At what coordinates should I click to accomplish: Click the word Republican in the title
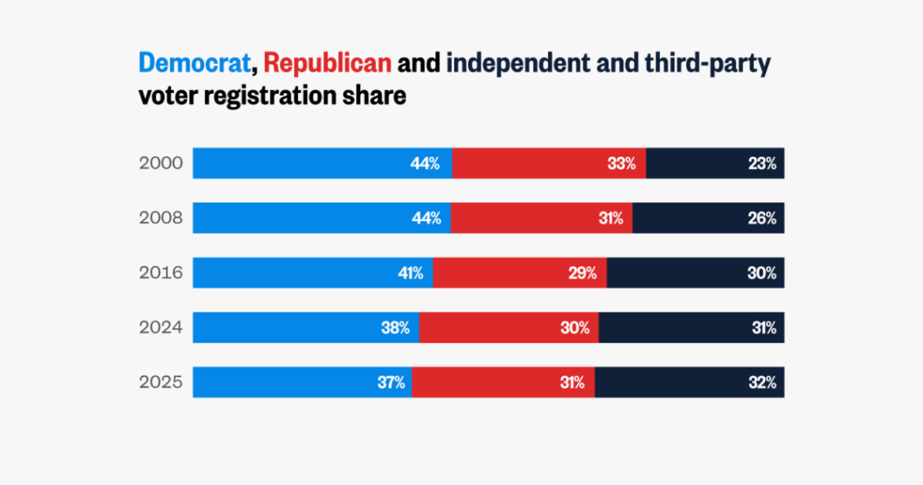pyautogui.click(x=328, y=62)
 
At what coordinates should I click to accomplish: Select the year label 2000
pyautogui.click(x=161, y=164)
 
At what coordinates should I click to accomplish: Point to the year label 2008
pyautogui.click(x=161, y=218)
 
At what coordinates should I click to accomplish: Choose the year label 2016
pyautogui.click(x=161, y=273)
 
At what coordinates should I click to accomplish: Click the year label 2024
pyautogui.click(x=161, y=328)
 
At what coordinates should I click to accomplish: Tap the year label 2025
pyautogui.click(x=161, y=382)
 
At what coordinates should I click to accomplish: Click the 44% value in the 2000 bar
pyautogui.click(x=425, y=164)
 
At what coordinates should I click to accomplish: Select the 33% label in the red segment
pyautogui.click(x=621, y=164)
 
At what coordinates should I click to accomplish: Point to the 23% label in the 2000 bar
pyautogui.click(x=762, y=164)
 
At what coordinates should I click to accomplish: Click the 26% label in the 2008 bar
pyautogui.click(x=762, y=218)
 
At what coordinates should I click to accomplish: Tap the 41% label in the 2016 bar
pyautogui.click(x=409, y=273)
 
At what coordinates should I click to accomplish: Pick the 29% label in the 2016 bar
pyautogui.click(x=582, y=273)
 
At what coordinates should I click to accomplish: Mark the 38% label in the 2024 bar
pyautogui.click(x=395, y=328)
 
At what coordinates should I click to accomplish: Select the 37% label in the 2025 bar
pyautogui.click(x=390, y=382)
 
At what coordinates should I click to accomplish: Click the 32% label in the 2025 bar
pyautogui.click(x=762, y=382)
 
